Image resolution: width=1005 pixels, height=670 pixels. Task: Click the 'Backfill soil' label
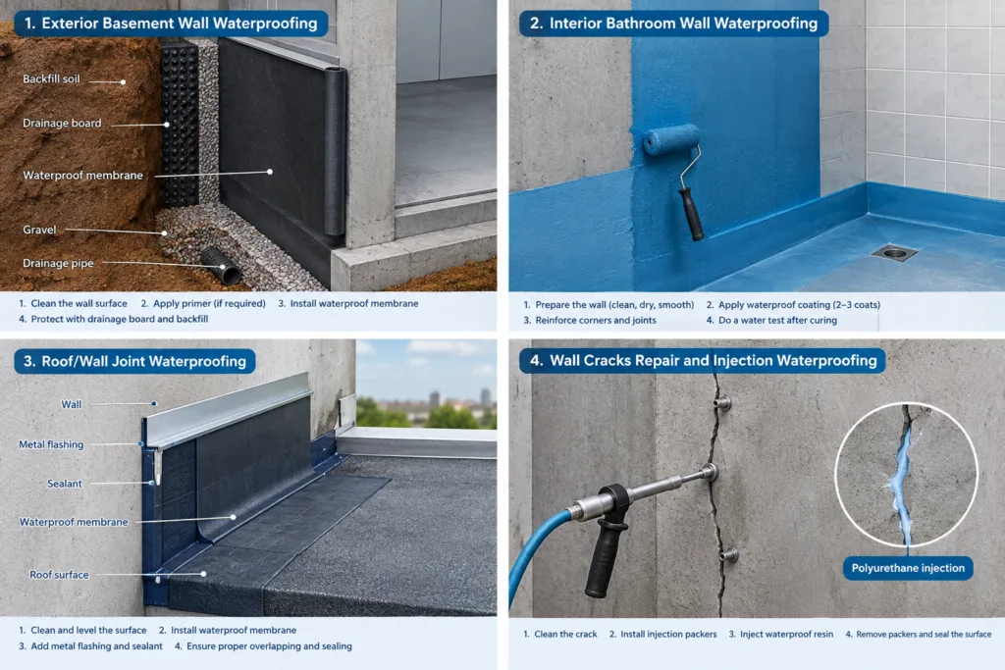pos(51,78)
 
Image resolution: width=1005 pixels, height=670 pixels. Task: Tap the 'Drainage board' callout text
pos(62,123)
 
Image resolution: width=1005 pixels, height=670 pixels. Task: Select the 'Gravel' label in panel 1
pos(39,230)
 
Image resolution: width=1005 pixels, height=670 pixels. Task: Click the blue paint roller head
pos(671,139)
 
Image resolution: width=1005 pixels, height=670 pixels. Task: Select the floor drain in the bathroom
pos(895,253)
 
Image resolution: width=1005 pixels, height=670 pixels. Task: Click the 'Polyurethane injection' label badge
pos(908,568)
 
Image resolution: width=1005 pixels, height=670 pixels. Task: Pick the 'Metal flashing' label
pos(51,444)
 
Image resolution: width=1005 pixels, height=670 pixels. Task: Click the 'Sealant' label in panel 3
pos(65,484)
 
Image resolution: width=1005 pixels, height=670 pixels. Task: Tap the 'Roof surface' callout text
pos(59,575)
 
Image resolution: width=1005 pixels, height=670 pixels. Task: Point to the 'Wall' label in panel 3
pos(71,404)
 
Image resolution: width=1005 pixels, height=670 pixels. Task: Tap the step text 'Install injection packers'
pos(668,634)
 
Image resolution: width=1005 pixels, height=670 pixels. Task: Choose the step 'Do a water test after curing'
pos(777,320)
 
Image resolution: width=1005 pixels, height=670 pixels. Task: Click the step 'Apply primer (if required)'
pos(209,304)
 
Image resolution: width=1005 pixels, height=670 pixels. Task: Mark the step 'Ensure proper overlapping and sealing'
pos(269,646)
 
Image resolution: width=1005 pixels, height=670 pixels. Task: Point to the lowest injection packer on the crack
pos(729,554)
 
